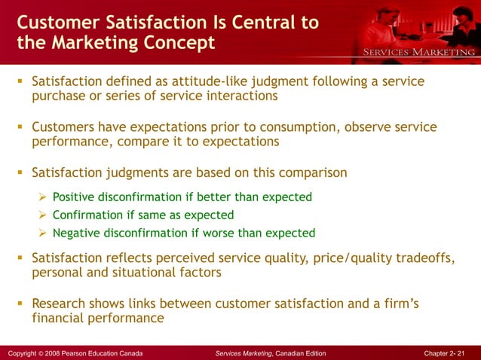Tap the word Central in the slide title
click(x=262, y=22)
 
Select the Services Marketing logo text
click(x=420, y=52)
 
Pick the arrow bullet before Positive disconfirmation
click(x=44, y=197)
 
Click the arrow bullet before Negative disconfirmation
click(x=44, y=233)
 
